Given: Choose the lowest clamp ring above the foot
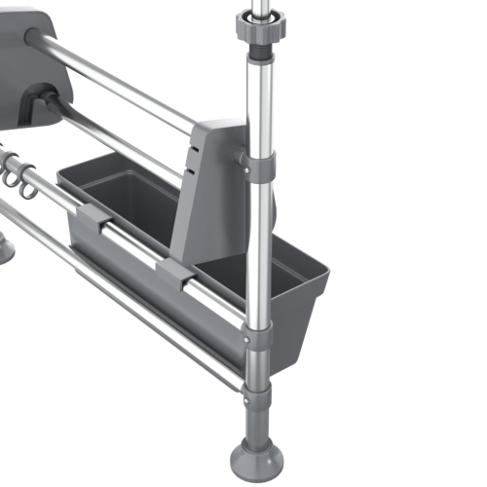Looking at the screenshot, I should (256, 393).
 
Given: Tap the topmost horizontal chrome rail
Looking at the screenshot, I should (117, 83).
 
